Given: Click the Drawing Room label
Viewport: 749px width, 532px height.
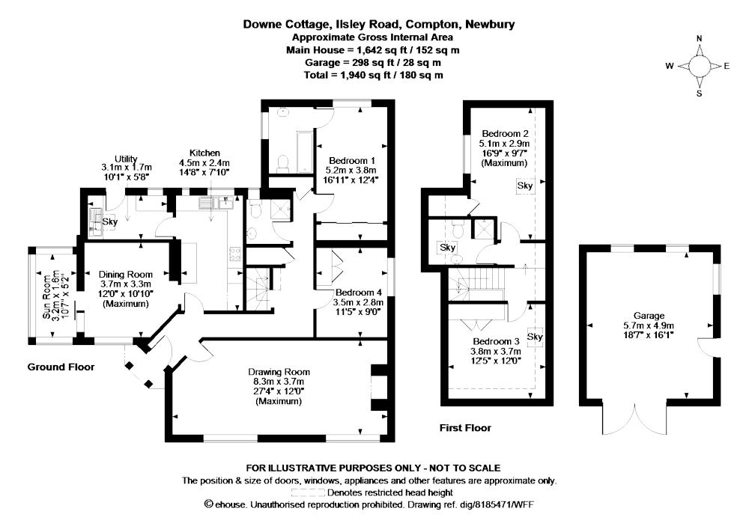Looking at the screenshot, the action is (279, 372).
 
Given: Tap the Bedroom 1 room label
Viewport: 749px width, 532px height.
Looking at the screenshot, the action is (351, 161).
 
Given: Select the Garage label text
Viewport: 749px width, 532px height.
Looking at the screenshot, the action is (649, 316).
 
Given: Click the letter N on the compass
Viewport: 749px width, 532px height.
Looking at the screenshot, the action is (700, 39).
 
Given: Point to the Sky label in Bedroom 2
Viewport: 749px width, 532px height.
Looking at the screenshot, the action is (525, 186).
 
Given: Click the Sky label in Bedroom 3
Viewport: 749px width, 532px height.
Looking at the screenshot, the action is (535, 337).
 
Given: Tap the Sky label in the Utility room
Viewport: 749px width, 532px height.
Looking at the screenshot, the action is (110, 222).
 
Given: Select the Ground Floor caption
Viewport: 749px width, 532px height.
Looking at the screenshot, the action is (61, 367).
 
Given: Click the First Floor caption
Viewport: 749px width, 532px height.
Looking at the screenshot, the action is (465, 428).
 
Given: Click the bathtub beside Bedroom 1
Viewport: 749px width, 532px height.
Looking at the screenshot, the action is (304, 152).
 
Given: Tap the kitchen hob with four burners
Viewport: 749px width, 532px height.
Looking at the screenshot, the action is (234, 254).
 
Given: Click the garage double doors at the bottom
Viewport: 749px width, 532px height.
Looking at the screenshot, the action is (634, 420).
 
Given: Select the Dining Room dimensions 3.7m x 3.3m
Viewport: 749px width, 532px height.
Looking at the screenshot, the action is (126, 284).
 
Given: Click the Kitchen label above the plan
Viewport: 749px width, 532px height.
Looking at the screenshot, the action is (205, 153).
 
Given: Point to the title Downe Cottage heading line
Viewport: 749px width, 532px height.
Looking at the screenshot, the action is (379, 25).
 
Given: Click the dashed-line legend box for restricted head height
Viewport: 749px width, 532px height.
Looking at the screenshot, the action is (308, 492).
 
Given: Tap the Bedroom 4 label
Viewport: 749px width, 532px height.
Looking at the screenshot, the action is (359, 293).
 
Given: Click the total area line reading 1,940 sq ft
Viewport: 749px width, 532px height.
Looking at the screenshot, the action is (373, 75).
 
